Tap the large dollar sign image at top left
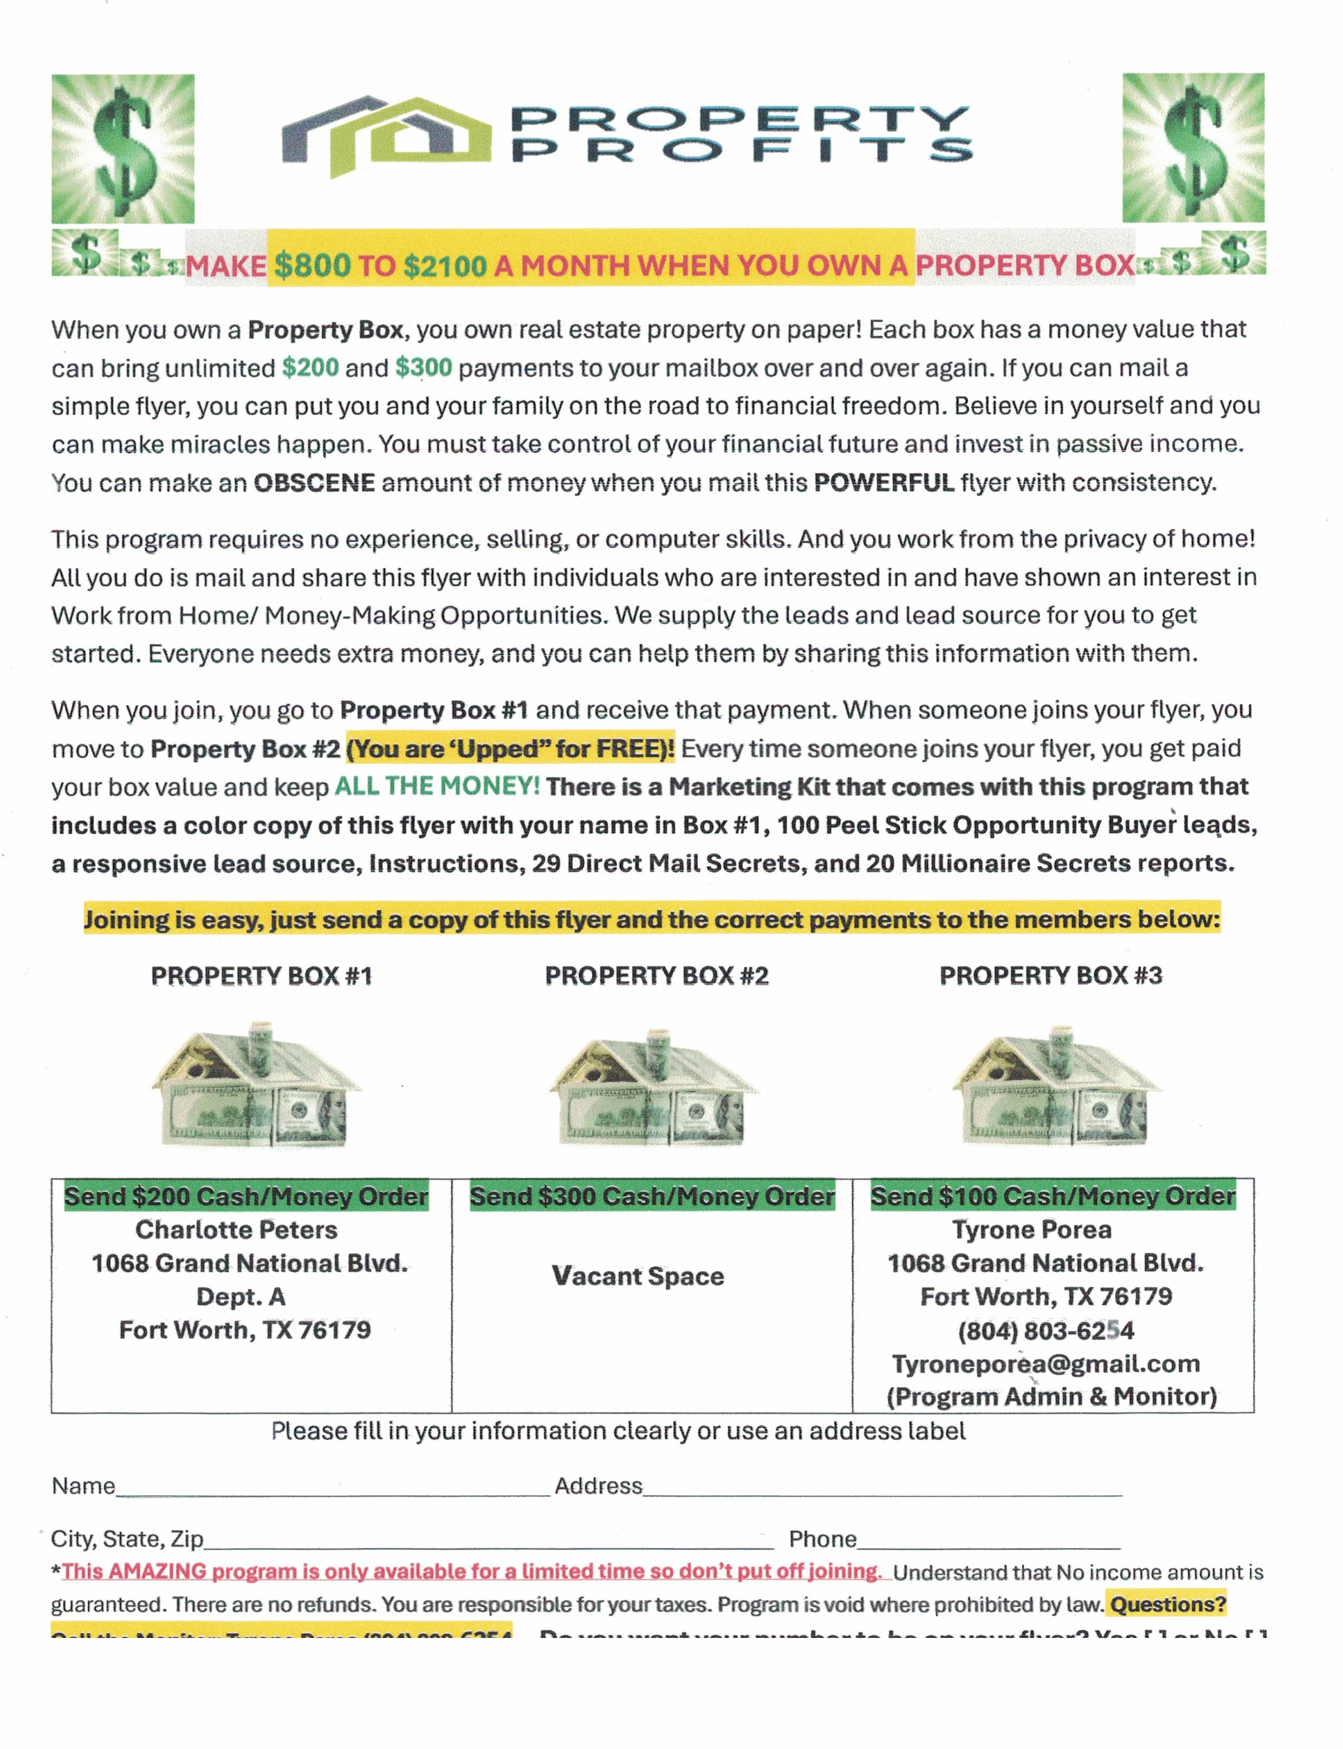point(123,148)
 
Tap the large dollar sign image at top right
point(1193,148)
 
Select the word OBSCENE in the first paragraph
point(314,483)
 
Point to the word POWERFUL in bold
point(884,483)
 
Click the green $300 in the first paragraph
point(423,368)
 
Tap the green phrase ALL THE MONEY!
point(437,786)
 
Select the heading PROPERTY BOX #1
point(262,976)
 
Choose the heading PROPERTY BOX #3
point(1050,975)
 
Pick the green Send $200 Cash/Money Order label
point(246,1196)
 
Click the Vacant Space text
point(638,1276)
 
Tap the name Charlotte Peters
point(237,1230)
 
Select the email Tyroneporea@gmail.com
point(1046,1364)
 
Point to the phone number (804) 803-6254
point(1046,1330)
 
